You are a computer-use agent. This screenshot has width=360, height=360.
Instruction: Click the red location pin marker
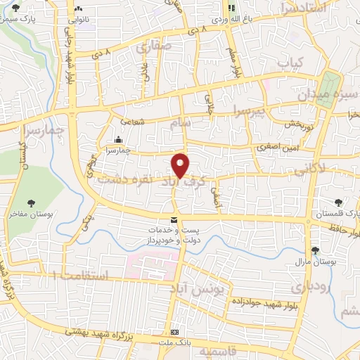coord(181,165)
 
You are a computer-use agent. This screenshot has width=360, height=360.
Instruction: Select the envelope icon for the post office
coord(174,222)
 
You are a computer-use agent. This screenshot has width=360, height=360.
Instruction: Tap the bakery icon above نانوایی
coord(77,10)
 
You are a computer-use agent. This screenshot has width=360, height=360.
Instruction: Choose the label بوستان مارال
coord(315,262)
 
